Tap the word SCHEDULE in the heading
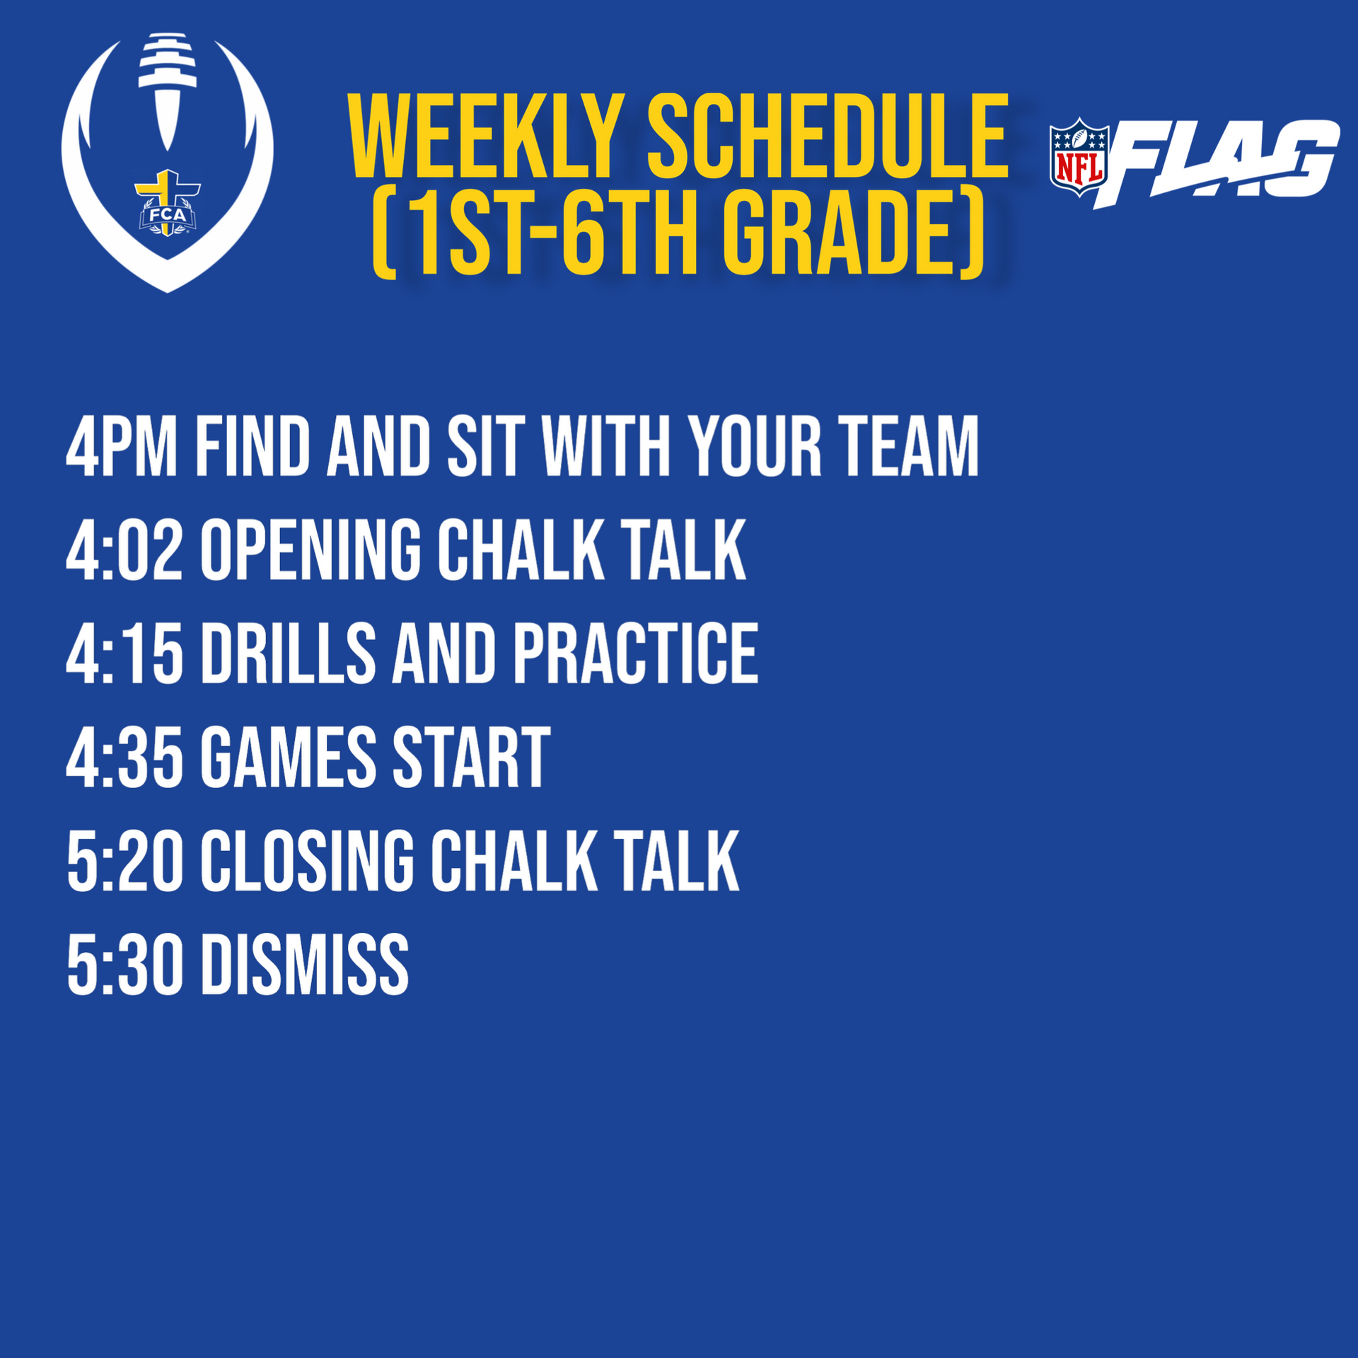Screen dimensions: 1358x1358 point(828,137)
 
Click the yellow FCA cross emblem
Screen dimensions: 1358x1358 point(168,202)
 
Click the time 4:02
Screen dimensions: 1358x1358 point(124,550)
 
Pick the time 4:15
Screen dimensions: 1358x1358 point(124,654)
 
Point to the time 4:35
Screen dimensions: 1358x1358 point(124,758)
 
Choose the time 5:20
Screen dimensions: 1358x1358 point(124,861)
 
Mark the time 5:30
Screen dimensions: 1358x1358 point(124,965)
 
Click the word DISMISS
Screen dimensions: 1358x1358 point(306,965)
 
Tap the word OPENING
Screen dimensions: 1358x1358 point(311,550)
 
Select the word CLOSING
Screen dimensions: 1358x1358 point(308,861)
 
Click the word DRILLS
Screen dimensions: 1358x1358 point(289,654)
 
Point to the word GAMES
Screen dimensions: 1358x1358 point(289,758)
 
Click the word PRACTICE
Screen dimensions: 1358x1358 point(636,654)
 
